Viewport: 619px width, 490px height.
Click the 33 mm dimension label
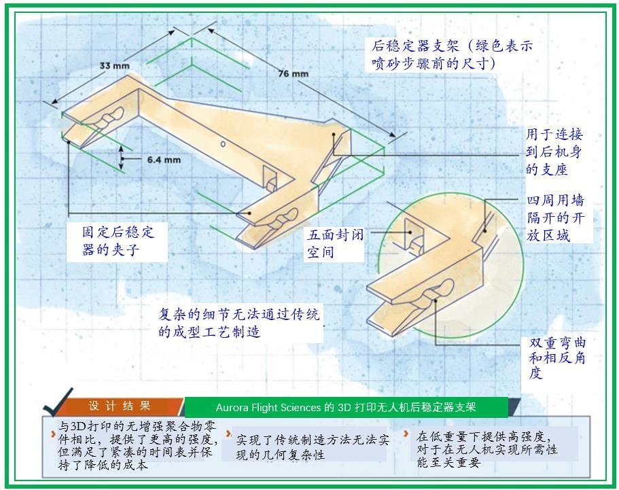coord(114,65)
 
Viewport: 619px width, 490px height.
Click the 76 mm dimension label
coord(294,73)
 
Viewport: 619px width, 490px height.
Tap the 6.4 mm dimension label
coord(164,160)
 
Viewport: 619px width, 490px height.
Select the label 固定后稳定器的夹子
coord(118,241)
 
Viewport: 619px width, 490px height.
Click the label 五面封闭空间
coord(335,243)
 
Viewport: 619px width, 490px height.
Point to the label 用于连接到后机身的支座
coord(554,152)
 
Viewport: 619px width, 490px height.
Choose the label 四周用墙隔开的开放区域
coord(555,218)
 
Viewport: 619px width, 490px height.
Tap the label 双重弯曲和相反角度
coord(557,357)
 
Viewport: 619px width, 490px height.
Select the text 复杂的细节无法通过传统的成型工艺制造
coord(239,323)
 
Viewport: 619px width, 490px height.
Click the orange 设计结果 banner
coord(120,406)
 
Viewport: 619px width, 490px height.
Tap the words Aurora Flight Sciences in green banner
coord(268,407)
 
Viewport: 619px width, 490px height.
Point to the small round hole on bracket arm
coord(223,143)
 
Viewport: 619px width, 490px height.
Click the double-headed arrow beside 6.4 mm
coord(121,159)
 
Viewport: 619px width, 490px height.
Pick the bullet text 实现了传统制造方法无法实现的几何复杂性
coord(313,447)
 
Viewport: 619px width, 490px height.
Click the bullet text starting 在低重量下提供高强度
coord(487,449)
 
